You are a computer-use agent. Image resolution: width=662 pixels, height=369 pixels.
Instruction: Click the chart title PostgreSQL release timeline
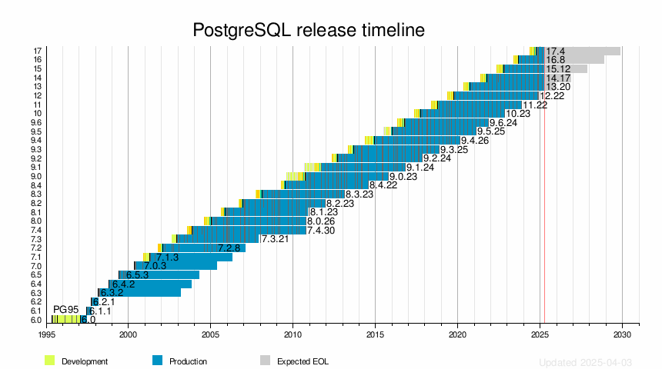click(x=308, y=30)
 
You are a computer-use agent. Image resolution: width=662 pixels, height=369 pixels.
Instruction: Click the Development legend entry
click(x=76, y=361)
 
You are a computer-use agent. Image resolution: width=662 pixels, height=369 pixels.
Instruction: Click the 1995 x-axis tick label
click(x=46, y=335)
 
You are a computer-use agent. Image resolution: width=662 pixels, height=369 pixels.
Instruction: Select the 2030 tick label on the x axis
click(x=622, y=335)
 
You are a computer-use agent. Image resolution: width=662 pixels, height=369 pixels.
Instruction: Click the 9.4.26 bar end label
click(x=475, y=141)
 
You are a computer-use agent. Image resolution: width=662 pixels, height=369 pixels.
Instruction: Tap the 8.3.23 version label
click(x=359, y=194)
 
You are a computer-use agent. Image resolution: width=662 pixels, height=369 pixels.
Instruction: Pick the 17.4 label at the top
click(x=556, y=51)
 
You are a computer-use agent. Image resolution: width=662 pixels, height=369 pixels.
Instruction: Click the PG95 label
click(x=66, y=310)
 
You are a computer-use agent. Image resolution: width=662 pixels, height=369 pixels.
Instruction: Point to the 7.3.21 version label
click(x=275, y=239)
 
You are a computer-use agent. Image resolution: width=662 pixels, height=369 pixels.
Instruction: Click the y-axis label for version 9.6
click(x=36, y=122)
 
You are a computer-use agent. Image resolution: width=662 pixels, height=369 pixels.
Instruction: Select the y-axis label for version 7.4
click(x=36, y=230)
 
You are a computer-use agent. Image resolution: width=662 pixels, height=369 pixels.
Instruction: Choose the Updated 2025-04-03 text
click(x=585, y=361)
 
